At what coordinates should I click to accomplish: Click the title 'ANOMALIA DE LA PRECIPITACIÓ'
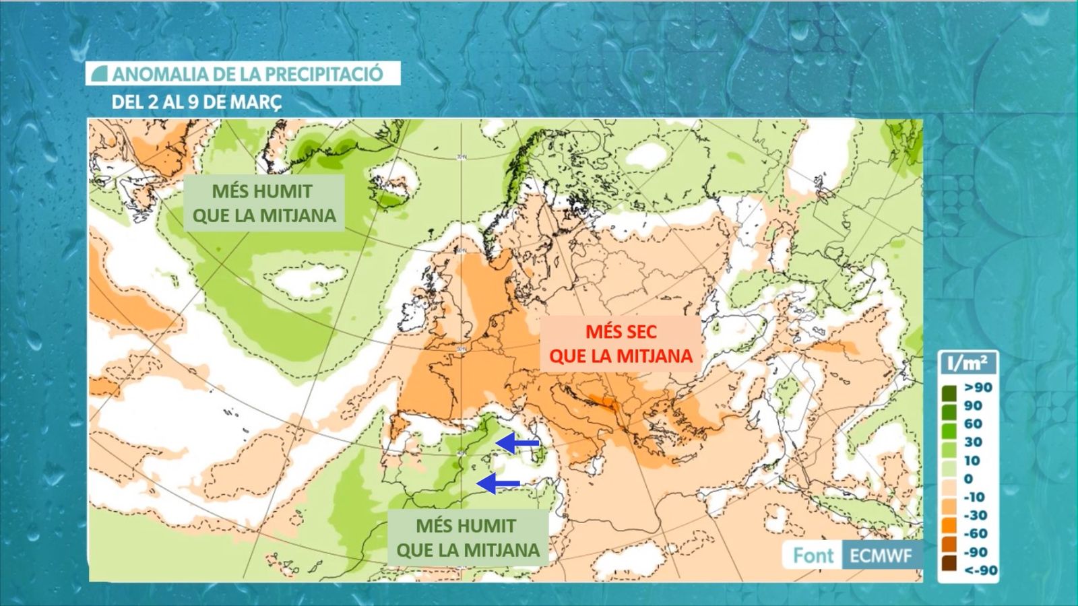(x=247, y=73)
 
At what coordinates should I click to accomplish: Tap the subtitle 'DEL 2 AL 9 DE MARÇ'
(x=196, y=102)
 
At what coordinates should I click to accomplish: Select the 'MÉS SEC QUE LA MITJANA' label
(x=621, y=343)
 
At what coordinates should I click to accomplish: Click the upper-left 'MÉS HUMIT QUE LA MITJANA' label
(x=264, y=203)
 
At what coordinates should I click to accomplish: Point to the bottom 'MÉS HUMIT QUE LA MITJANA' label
(x=468, y=538)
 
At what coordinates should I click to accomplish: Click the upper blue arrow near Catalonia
(x=517, y=442)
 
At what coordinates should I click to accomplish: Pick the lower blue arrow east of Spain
(x=498, y=483)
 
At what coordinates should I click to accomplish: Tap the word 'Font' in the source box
(x=813, y=555)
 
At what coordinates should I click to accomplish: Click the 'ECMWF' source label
(x=881, y=555)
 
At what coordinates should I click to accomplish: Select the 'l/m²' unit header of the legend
(x=967, y=364)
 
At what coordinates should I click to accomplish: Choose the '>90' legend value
(x=978, y=387)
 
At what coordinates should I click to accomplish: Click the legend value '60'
(x=973, y=424)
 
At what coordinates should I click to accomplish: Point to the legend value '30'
(x=973, y=442)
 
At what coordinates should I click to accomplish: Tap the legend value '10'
(x=972, y=461)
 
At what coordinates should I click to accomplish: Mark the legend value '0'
(x=968, y=479)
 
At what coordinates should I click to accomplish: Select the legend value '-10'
(x=974, y=497)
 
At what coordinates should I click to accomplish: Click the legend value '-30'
(x=975, y=515)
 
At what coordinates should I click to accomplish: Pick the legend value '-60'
(x=975, y=533)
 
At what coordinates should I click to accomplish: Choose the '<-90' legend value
(x=980, y=570)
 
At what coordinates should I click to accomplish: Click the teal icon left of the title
(x=99, y=73)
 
